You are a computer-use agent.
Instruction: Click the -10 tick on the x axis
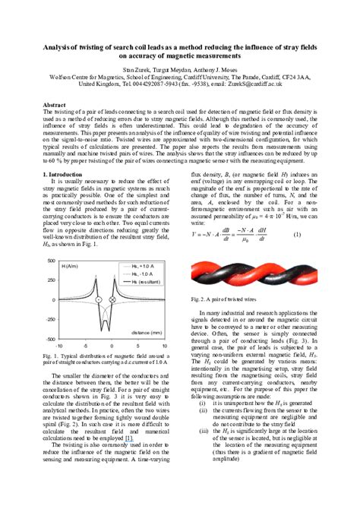pos(58,344)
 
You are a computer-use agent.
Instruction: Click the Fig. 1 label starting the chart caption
pos(51,355)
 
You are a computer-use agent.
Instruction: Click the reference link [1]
pos(128,438)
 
